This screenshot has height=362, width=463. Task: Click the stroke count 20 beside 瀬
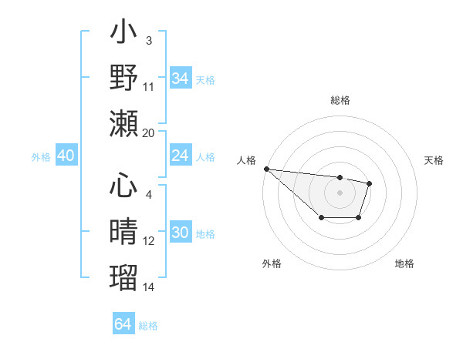[148, 132]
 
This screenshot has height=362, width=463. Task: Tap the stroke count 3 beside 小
[148, 41]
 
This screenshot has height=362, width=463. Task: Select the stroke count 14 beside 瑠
[148, 287]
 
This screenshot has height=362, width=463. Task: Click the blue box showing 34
[180, 79]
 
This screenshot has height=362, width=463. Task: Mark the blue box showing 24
[180, 156]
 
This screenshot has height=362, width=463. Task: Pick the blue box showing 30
[180, 233]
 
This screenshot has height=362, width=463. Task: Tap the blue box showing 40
[66, 156]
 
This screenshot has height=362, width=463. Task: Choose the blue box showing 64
[123, 324]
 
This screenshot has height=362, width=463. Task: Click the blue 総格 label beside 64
[148, 326]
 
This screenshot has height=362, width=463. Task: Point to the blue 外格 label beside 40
[41, 157]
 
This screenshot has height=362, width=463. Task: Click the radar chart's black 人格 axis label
[247, 160]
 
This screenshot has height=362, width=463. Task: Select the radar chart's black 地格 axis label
[404, 263]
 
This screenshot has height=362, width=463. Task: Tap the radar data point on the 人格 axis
[265, 169]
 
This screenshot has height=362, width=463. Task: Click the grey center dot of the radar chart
[340, 192]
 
